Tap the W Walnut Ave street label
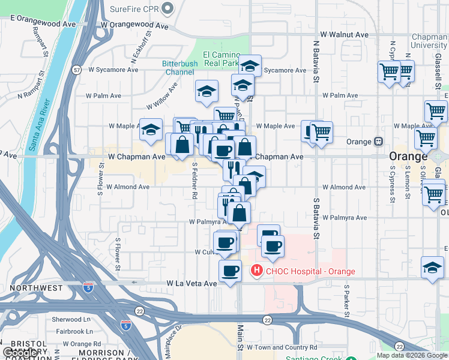[345, 35]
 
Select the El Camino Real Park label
[221, 58]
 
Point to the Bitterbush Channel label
[177, 68]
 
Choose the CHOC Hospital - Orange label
[310, 271]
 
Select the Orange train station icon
[379, 142]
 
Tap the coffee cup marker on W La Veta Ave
[230, 271]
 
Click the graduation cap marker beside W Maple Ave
[151, 128]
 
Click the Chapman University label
[429, 41]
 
